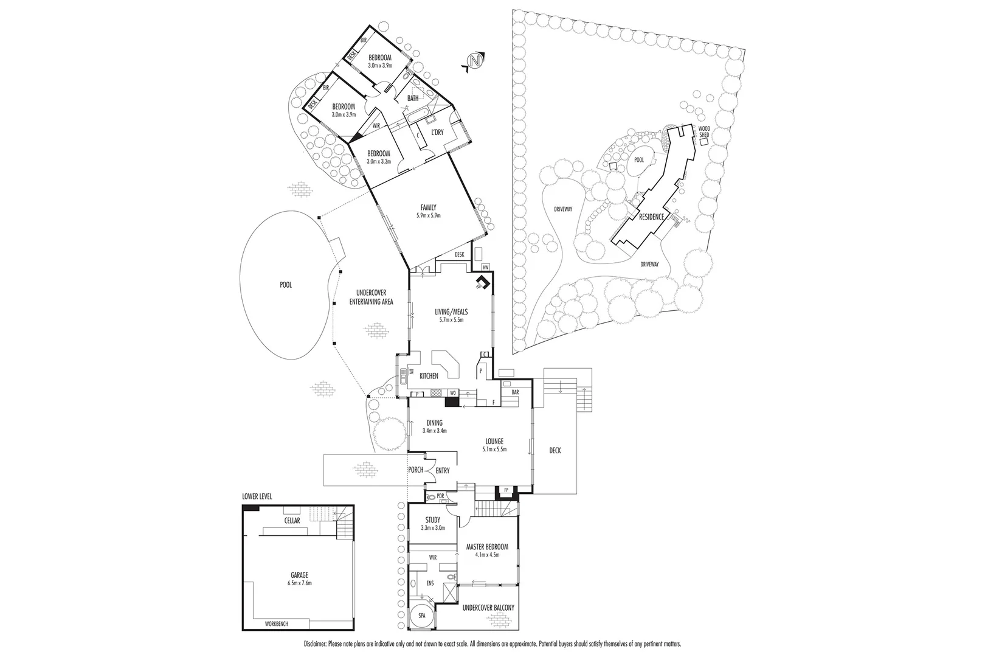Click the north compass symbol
tap(475, 61)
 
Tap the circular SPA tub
tap(421, 616)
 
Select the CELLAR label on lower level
tap(292, 521)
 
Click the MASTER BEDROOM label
tap(487, 547)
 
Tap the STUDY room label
tap(432, 520)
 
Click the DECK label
tap(555, 451)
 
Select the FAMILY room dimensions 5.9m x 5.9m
tap(428, 215)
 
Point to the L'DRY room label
tap(436, 133)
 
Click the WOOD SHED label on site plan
tap(703, 132)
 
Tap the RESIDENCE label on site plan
tap(651, 217)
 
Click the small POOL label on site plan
tap(638, 160)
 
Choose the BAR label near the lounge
tap(515, 392)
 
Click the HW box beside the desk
tap(485, 267)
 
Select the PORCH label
tap(415, 470)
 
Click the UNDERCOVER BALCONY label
tap(488, 608)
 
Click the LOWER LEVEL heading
tap(257, 496)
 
